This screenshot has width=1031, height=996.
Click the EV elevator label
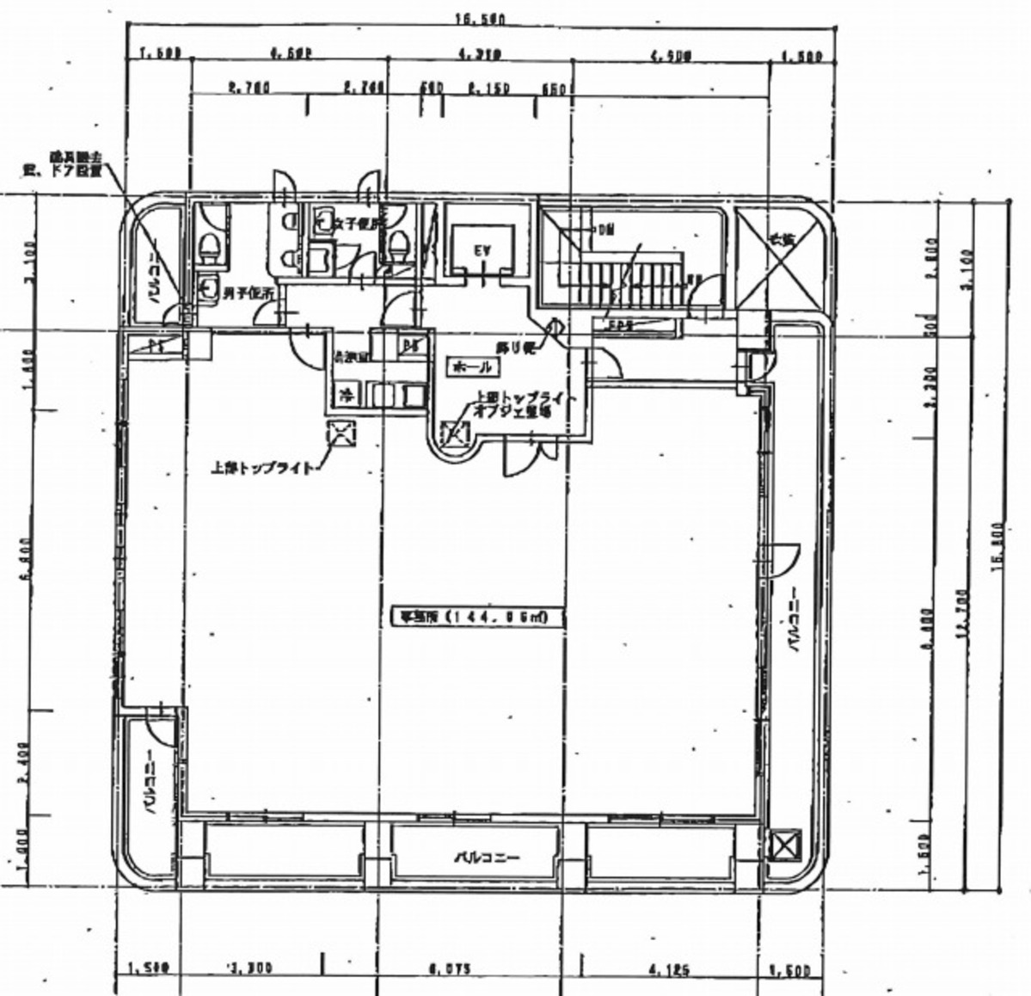tap(482, 250)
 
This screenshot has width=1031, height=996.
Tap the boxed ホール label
tap(471, 367)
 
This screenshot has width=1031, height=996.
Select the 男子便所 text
tap(249, 293)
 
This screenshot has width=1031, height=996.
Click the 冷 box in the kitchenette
tap(347, 396)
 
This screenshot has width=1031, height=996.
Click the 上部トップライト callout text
tap(266, 469)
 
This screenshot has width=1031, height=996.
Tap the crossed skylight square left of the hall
tap(341, 433)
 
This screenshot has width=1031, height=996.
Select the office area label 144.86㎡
tap(469, 617)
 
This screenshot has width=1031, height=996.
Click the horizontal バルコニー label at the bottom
tap(488, 858)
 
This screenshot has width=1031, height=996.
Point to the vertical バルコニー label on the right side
tap(795, 619)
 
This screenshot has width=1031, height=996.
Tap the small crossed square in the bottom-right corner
tap(783, 845)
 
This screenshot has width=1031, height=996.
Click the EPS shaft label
tap(620, 326)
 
